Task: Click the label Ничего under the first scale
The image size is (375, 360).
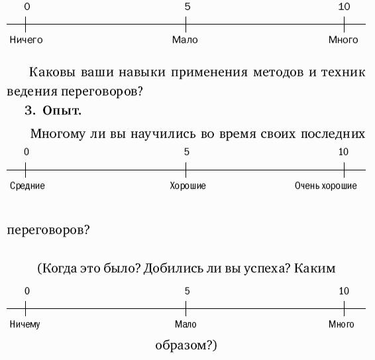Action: pos(26,40)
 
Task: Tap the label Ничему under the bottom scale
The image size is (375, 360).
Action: pos(25,325)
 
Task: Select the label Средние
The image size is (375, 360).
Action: pos(27,186)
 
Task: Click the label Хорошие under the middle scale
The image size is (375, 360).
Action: pos(187,186)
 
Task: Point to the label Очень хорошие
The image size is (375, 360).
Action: pos(326,186)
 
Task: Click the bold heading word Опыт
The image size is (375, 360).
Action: pos(62,111)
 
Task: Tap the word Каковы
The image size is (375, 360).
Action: pos(52,72)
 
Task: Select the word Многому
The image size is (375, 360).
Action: pos(58,134)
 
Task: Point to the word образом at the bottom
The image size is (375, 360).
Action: pos(180,345)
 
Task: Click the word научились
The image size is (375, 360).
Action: pos(163,133)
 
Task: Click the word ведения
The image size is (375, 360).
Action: pos(32,91)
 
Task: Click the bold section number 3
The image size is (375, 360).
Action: pos(30,111)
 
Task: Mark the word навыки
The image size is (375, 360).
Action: pos(142,72)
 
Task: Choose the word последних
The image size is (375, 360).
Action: pos(333,134)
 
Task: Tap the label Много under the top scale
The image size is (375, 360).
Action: pos(343,40)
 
